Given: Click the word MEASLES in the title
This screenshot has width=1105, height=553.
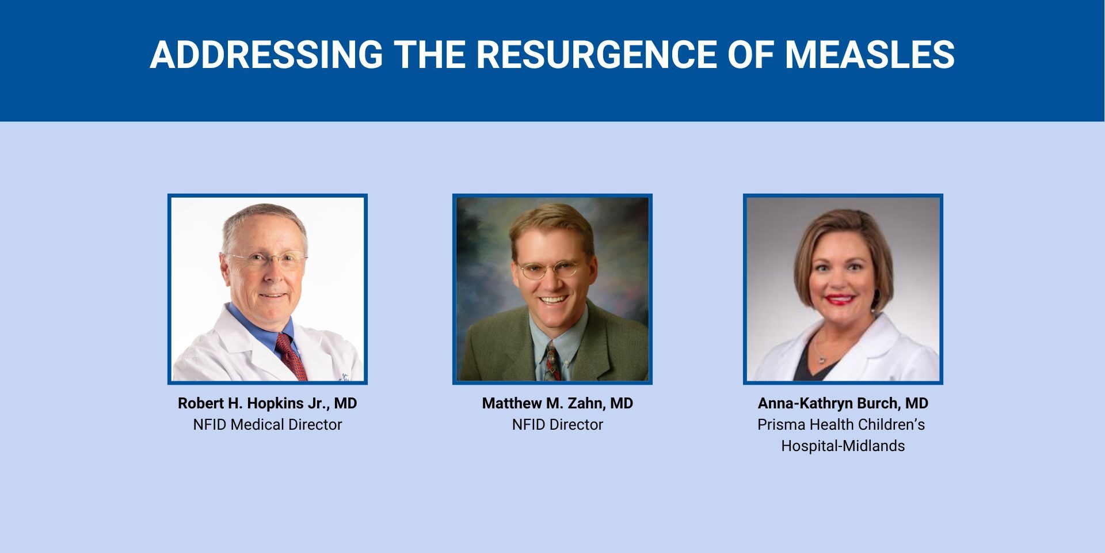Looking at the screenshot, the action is point(870,55).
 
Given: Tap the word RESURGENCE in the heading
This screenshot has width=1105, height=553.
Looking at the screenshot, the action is point(596,55).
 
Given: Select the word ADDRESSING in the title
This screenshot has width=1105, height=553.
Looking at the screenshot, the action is point(266,55).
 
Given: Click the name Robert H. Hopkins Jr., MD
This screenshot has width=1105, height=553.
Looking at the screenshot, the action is point(268,403).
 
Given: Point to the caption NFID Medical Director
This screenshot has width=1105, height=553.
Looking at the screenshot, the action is point(268,425).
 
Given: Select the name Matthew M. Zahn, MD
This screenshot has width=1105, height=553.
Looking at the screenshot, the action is point(558,403).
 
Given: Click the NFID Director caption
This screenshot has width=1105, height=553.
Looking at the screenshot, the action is point(558,425).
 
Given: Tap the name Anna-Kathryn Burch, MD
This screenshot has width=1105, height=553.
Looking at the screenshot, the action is point(843,403).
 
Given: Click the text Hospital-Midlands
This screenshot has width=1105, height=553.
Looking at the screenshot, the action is point(843,446).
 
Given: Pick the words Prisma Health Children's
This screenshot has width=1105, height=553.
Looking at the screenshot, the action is point(841,425).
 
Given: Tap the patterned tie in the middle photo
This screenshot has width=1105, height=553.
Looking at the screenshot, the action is point(552,361).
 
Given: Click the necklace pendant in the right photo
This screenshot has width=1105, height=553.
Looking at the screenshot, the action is point(821,359).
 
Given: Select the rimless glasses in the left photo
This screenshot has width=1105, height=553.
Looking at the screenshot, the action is point(266,261).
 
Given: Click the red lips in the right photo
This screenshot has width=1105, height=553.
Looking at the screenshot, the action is point(840,300).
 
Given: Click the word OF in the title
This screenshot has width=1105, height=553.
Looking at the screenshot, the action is point(751,55).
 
